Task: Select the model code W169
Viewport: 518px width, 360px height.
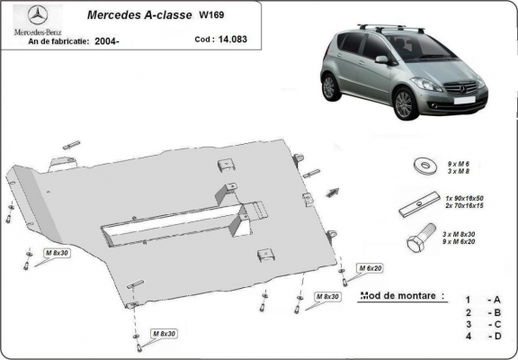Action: coord(212,15)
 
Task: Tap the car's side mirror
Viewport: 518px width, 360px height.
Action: coord(381,60)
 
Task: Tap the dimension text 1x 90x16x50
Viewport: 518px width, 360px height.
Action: coord(465,197)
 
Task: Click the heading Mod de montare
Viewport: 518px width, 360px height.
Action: coord(401,296)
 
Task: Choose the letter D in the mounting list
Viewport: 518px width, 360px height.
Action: coord(496,337)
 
